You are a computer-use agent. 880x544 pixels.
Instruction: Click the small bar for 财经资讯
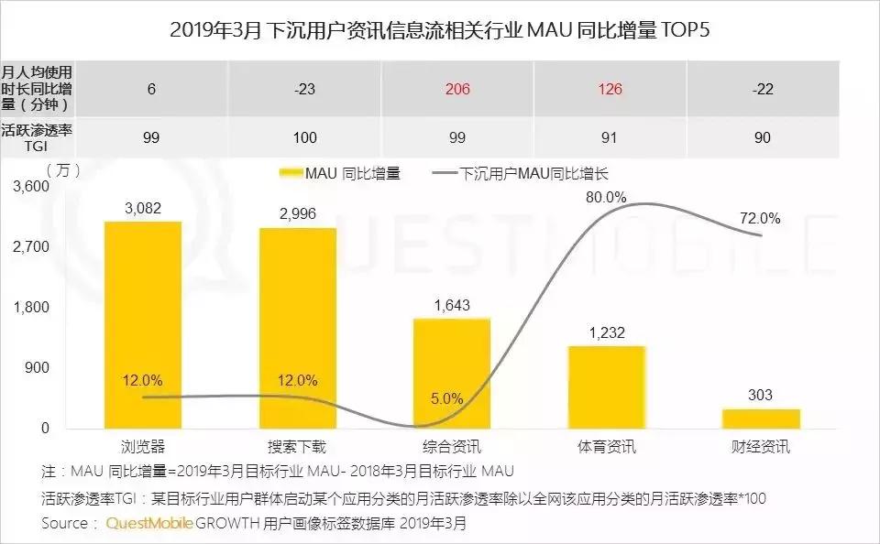pos(761,419)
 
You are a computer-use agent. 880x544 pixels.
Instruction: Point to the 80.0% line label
pos(607,197)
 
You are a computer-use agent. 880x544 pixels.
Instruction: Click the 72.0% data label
pos(761,218)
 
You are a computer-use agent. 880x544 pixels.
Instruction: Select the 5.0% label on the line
pos(446,399)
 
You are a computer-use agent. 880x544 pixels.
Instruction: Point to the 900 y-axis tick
pos(38,367)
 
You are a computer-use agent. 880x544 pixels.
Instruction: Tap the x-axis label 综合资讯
pos(452,447)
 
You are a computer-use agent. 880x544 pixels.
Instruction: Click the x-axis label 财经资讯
pos(761,447)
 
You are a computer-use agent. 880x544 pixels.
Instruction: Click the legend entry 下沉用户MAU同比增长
pos(526,172)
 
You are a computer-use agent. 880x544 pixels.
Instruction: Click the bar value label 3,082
pos(143,208)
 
